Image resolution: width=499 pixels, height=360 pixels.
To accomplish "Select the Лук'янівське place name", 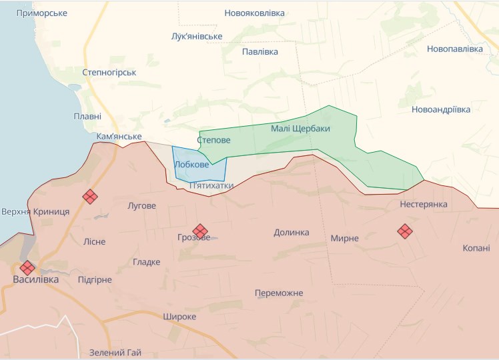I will coord(197,36).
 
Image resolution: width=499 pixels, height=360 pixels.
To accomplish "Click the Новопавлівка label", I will coord(454,49).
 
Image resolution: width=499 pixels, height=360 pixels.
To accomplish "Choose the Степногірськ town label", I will coord(109,72).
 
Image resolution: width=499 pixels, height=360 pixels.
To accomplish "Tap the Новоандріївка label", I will coord(441,109).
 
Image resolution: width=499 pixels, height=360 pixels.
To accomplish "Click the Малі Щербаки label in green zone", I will coord(300,128).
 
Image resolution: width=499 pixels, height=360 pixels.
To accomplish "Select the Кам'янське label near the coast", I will coord(119,136).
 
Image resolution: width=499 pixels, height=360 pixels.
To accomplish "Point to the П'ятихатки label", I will coord(211,185).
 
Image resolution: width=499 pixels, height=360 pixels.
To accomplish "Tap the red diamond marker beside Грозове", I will coord(200,231).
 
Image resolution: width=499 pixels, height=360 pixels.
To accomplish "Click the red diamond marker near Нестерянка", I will coord(405,231).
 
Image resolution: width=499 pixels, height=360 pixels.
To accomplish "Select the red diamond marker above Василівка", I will coord(27,267).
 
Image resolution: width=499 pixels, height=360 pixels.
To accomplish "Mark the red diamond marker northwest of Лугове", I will coord(90,196).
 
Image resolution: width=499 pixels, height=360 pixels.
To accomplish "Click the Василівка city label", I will coord(36,279).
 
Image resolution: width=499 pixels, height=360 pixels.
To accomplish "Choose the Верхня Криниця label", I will coord(35,211).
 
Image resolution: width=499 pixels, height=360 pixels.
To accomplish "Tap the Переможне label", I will coord(279,293).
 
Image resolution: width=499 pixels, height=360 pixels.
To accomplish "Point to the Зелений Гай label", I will coord(115,352).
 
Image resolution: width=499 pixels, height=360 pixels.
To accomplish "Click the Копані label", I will coord(476,248).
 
